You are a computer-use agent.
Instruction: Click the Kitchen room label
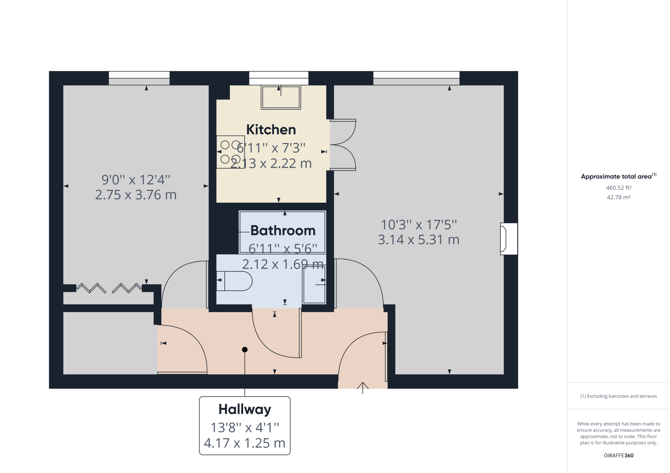point(271,130)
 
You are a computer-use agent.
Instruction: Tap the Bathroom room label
point(283,231)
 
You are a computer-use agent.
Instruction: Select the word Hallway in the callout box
point(245,409)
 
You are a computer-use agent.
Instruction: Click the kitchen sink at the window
point(281,97)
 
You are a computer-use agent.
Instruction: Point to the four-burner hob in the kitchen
point(230,152)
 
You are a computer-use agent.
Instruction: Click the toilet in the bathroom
point(234,281)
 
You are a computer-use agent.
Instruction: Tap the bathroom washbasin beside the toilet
point(314,285)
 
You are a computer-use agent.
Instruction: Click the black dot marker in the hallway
point(245,350)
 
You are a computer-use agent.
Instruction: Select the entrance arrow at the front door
point(362,387)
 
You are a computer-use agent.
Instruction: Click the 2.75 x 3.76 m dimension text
point(136,195)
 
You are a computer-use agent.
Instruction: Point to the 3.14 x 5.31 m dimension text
point(418,240)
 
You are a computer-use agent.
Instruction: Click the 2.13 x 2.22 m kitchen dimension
point(271,163)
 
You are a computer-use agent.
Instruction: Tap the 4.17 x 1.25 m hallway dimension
point(245,443)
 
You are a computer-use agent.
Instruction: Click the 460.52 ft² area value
point(618,188)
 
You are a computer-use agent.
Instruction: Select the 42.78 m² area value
point(618,197)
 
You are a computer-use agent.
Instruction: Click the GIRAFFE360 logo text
point(618,455)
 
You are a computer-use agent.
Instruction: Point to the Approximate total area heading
point(616,177)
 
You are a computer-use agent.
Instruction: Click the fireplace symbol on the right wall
point(508,239)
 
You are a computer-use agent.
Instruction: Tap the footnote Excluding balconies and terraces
point(618,396)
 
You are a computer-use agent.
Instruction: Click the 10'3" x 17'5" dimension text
point(419,225)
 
